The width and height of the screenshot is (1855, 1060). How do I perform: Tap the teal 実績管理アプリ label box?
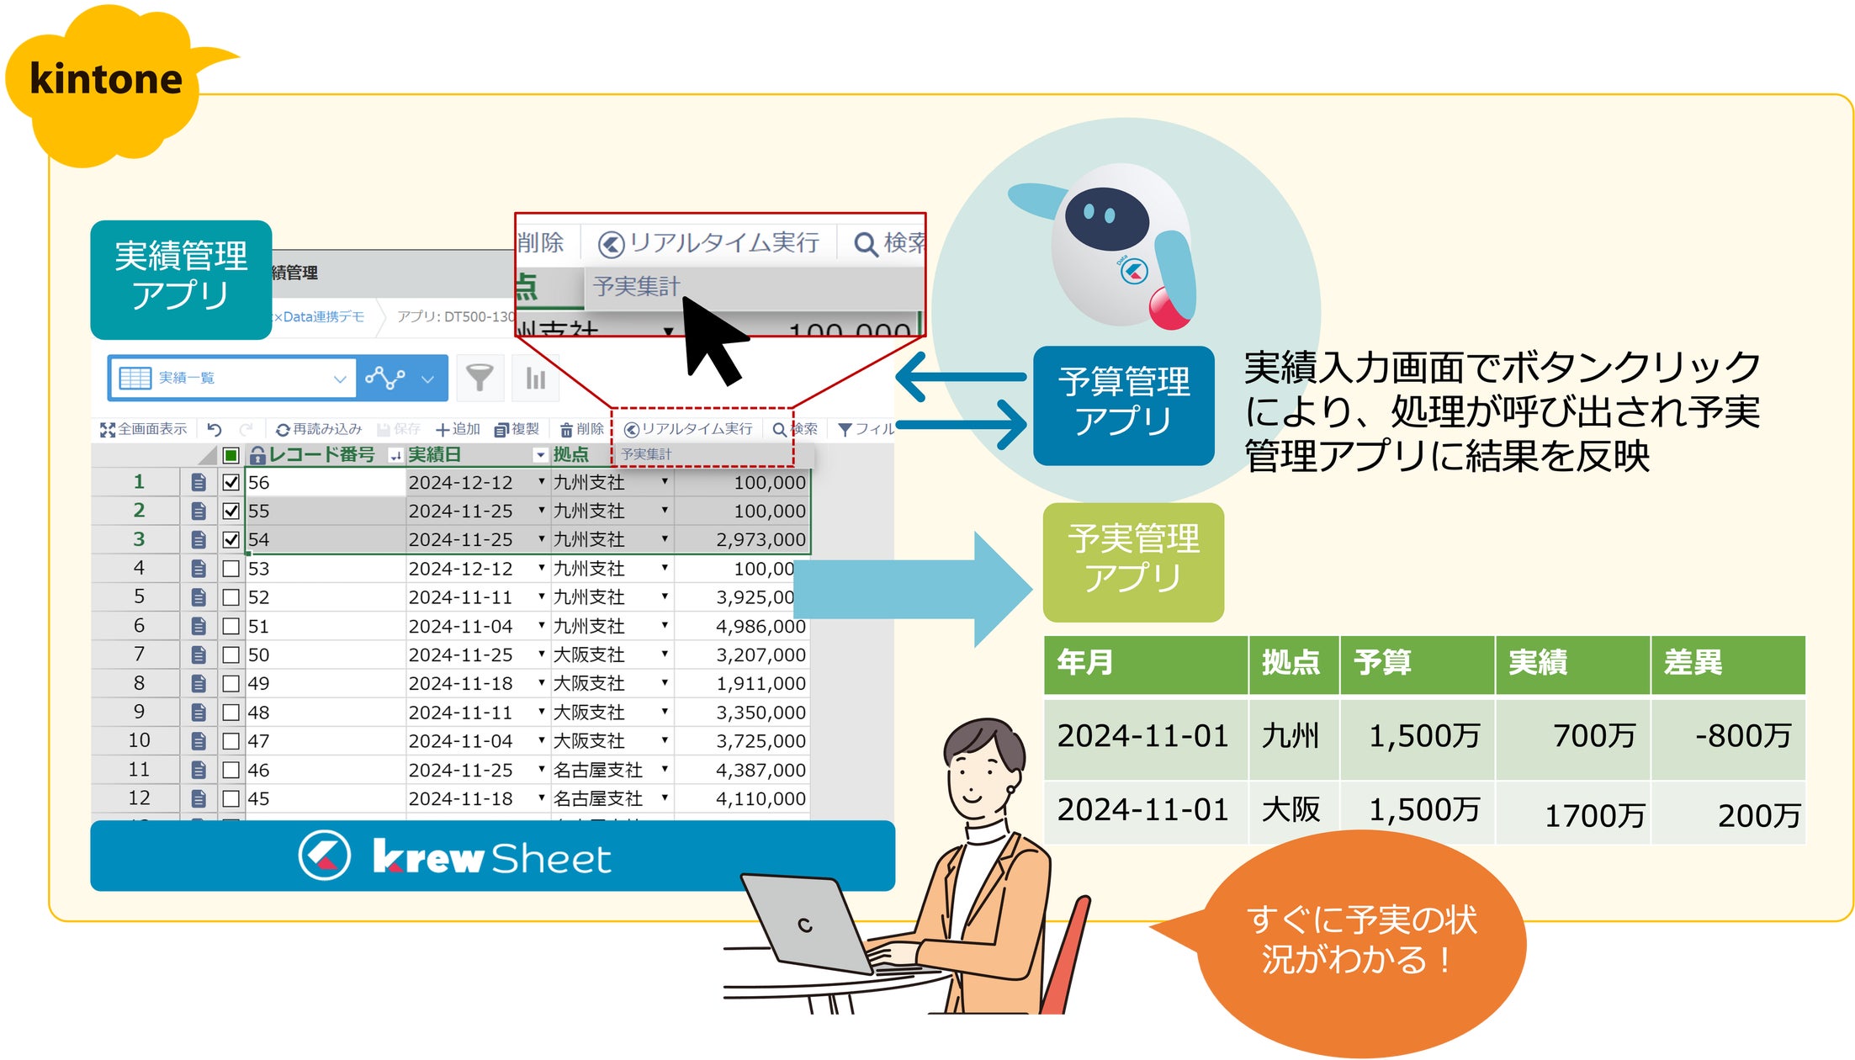click(181, 278)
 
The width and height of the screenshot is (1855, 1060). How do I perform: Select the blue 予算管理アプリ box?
click(1123, 404)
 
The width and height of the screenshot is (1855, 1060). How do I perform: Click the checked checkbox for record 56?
click(231, 483)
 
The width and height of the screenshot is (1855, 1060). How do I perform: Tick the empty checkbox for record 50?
click(231, 655)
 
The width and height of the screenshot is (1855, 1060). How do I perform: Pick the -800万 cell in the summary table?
click(1742, 737)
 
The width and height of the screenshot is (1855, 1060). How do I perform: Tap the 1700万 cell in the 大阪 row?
click(1594, 815)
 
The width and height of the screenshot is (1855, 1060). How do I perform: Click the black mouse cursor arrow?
click(711, 341)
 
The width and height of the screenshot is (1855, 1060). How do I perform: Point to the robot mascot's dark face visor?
click(1105, 217)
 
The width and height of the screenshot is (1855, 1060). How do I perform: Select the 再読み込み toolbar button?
click(320, 430)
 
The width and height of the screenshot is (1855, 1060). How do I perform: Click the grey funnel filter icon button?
click(480, 378)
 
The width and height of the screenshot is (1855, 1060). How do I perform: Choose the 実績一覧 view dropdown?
click(232, 379)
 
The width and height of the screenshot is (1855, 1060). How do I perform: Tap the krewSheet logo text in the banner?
click(491, 858)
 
